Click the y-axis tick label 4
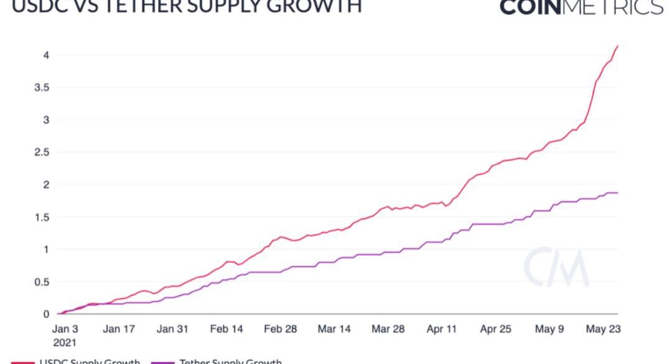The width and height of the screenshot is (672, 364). point(45,55)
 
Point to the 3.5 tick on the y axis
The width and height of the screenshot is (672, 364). point(40,87)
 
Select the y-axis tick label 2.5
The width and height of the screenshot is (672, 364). point(40,152)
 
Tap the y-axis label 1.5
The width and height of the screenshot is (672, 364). point(40,217)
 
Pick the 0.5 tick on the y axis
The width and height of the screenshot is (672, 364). point(40,281)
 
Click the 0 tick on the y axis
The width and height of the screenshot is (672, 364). point(45,314)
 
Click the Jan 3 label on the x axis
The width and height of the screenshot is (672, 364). point(65,329)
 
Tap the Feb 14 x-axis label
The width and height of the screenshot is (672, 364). point(226,329)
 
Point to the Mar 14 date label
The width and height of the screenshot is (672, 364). point(334,329)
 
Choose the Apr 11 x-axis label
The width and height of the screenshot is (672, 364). point(442,329)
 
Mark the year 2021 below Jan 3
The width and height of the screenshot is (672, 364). point(65,342)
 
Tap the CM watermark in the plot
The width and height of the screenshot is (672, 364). point(556,268)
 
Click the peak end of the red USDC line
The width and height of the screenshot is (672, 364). point(617,45)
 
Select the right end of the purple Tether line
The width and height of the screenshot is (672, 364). point(617,193)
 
